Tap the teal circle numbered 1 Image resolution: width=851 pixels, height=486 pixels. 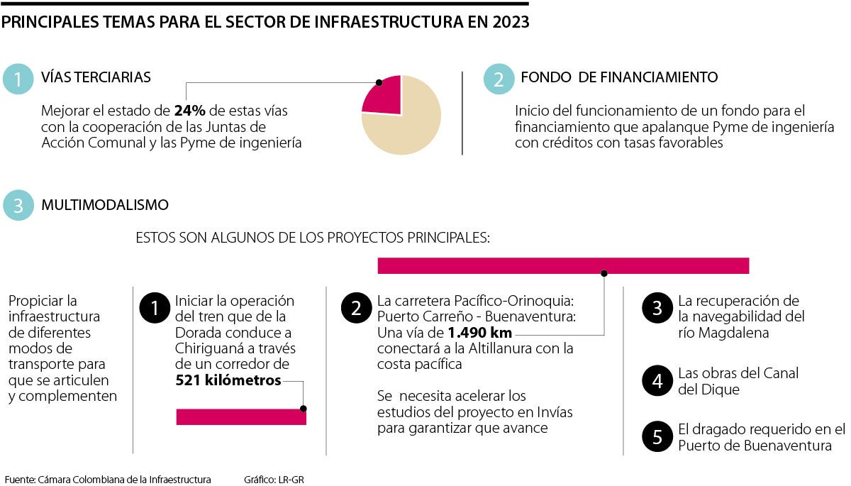click(18, 79)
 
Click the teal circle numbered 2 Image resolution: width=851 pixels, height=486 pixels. click(499, 79)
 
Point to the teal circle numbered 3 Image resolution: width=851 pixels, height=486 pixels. click(18, 206)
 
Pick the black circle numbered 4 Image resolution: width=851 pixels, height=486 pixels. click(657, 381)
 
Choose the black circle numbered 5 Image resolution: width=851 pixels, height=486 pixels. click(657, 437)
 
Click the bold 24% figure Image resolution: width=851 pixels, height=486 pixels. click(189, 111)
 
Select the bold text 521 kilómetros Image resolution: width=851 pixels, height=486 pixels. click(228, 381)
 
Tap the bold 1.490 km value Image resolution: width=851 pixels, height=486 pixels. click(479, 333)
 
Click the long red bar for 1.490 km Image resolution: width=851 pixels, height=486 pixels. click(563, 265)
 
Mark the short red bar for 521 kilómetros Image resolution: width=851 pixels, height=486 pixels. click(241, 417)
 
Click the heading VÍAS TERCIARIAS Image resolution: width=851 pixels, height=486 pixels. click(96, 78)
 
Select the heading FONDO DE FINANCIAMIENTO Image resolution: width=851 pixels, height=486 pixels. click(619, 78)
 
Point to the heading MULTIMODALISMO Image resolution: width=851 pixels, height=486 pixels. click(105, 206)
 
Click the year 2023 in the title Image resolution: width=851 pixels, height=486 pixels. click(508, 22)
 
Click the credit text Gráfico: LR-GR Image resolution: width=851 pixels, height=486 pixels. click(274, 480)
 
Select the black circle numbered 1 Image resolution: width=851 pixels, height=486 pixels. click(154, 307)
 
